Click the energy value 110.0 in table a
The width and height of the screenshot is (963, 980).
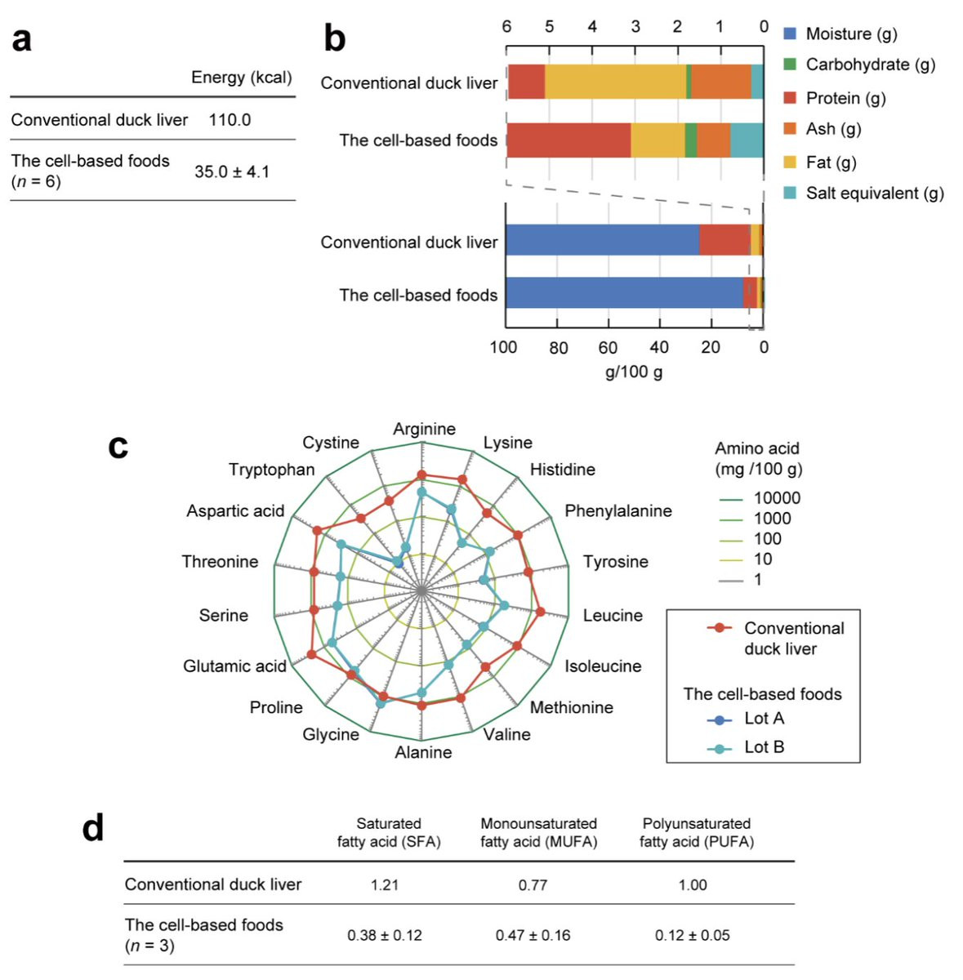pos(230,120)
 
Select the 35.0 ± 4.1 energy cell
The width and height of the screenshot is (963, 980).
pos(231,171)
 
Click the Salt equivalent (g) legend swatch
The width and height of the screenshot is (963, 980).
pos(790,193)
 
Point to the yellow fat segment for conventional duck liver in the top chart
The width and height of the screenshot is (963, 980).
pos(616,82)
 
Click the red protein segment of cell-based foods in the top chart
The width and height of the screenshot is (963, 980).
pos(568,140)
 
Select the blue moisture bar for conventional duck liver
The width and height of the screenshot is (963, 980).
pos(603,239)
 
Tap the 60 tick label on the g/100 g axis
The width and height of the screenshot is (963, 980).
pos(608,348)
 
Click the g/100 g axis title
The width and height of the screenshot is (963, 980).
pos(634,372)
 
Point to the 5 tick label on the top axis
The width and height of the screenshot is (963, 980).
pos(550,26)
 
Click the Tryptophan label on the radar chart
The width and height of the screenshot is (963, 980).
pos(272,470)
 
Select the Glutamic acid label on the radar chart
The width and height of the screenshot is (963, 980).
pos(234,666)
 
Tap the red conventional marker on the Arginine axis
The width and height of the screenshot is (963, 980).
pos(421,474)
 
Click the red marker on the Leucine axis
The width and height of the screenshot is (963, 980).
pos(540,612)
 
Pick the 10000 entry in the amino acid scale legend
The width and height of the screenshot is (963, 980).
pos(760,498)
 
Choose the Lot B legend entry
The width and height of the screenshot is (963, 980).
pos(746,746)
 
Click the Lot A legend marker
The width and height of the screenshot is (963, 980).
pos(720,719)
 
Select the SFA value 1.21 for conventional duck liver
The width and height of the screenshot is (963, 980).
pos(385,885)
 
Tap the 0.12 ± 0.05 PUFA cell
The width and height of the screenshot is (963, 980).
pos(692,935)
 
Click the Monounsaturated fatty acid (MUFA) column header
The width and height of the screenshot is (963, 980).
pos(539,832)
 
